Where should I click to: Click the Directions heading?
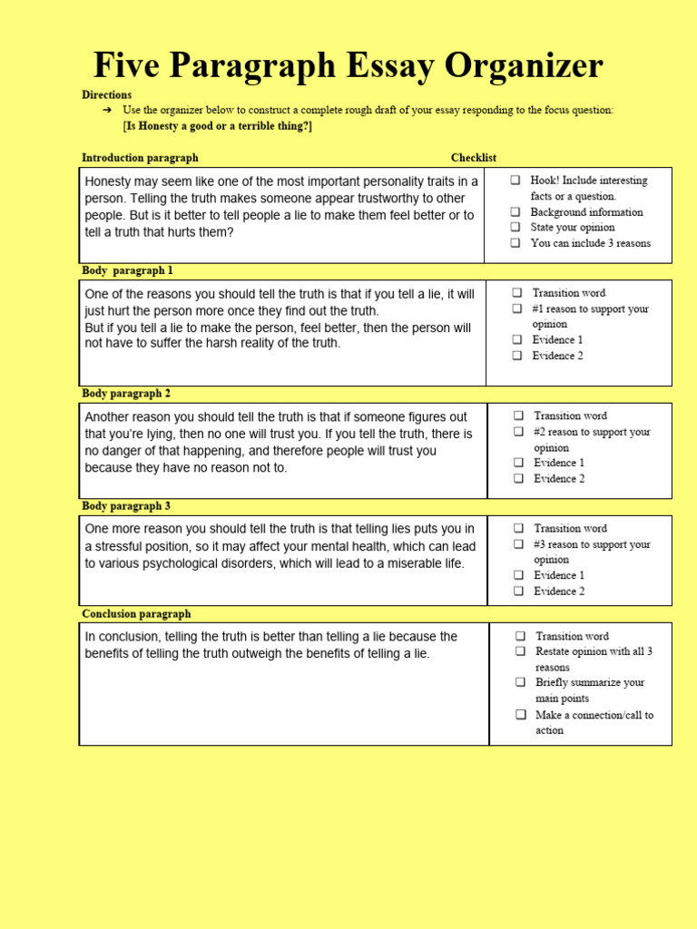(106, 94)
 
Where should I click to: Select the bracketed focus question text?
(217, 126)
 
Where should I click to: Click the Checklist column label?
(473, 158)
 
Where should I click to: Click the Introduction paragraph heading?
(140, 158)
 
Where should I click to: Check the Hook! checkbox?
(515, 181)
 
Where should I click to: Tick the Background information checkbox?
(515, 212)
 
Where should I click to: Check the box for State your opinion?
(515, 228)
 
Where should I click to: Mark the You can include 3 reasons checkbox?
(515, 243)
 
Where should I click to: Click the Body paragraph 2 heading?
(126, 394)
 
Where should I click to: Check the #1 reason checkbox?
(516, 309)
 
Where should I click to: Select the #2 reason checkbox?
(518, 433)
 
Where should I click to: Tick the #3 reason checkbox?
(518, 544)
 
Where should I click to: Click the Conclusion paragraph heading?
(136, 614)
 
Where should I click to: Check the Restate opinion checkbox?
(520, 651)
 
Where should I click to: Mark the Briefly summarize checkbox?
(520, 682)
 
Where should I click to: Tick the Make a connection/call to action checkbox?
(520, 715)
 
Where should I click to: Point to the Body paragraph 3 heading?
(126, 506)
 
